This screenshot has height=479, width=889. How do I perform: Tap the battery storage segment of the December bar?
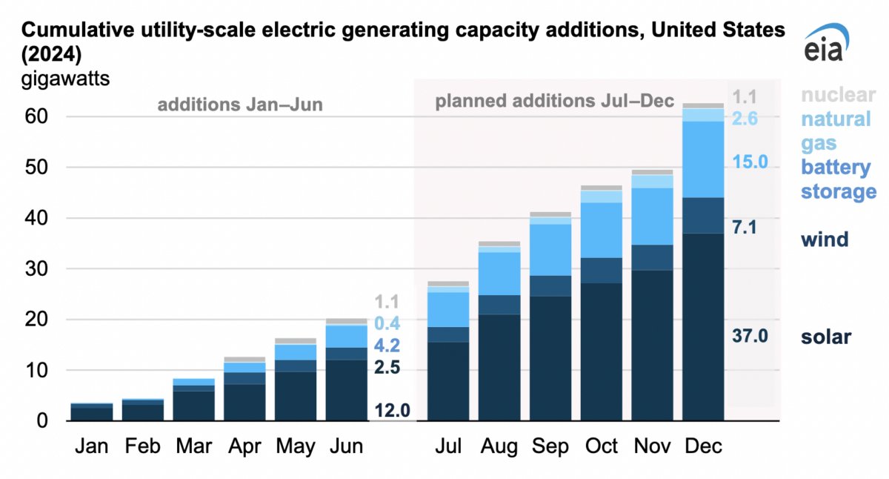(703, 159)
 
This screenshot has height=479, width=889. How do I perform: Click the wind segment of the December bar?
(703, 216)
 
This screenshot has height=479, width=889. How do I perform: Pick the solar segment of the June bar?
(346, 390)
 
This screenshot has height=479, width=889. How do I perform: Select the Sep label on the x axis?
(550, 446)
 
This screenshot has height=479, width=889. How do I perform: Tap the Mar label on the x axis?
(193, 446)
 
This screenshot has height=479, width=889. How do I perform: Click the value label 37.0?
(750, 336)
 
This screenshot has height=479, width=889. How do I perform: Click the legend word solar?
(825, 337)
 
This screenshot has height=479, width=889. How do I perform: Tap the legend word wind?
(824, 239)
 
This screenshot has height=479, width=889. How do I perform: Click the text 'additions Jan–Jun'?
(239, 105)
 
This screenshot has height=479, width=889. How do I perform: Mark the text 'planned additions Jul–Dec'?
(554, 101)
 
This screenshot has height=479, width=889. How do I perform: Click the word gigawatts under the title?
(65, 79)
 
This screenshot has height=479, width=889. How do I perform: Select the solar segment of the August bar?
(499, 367)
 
